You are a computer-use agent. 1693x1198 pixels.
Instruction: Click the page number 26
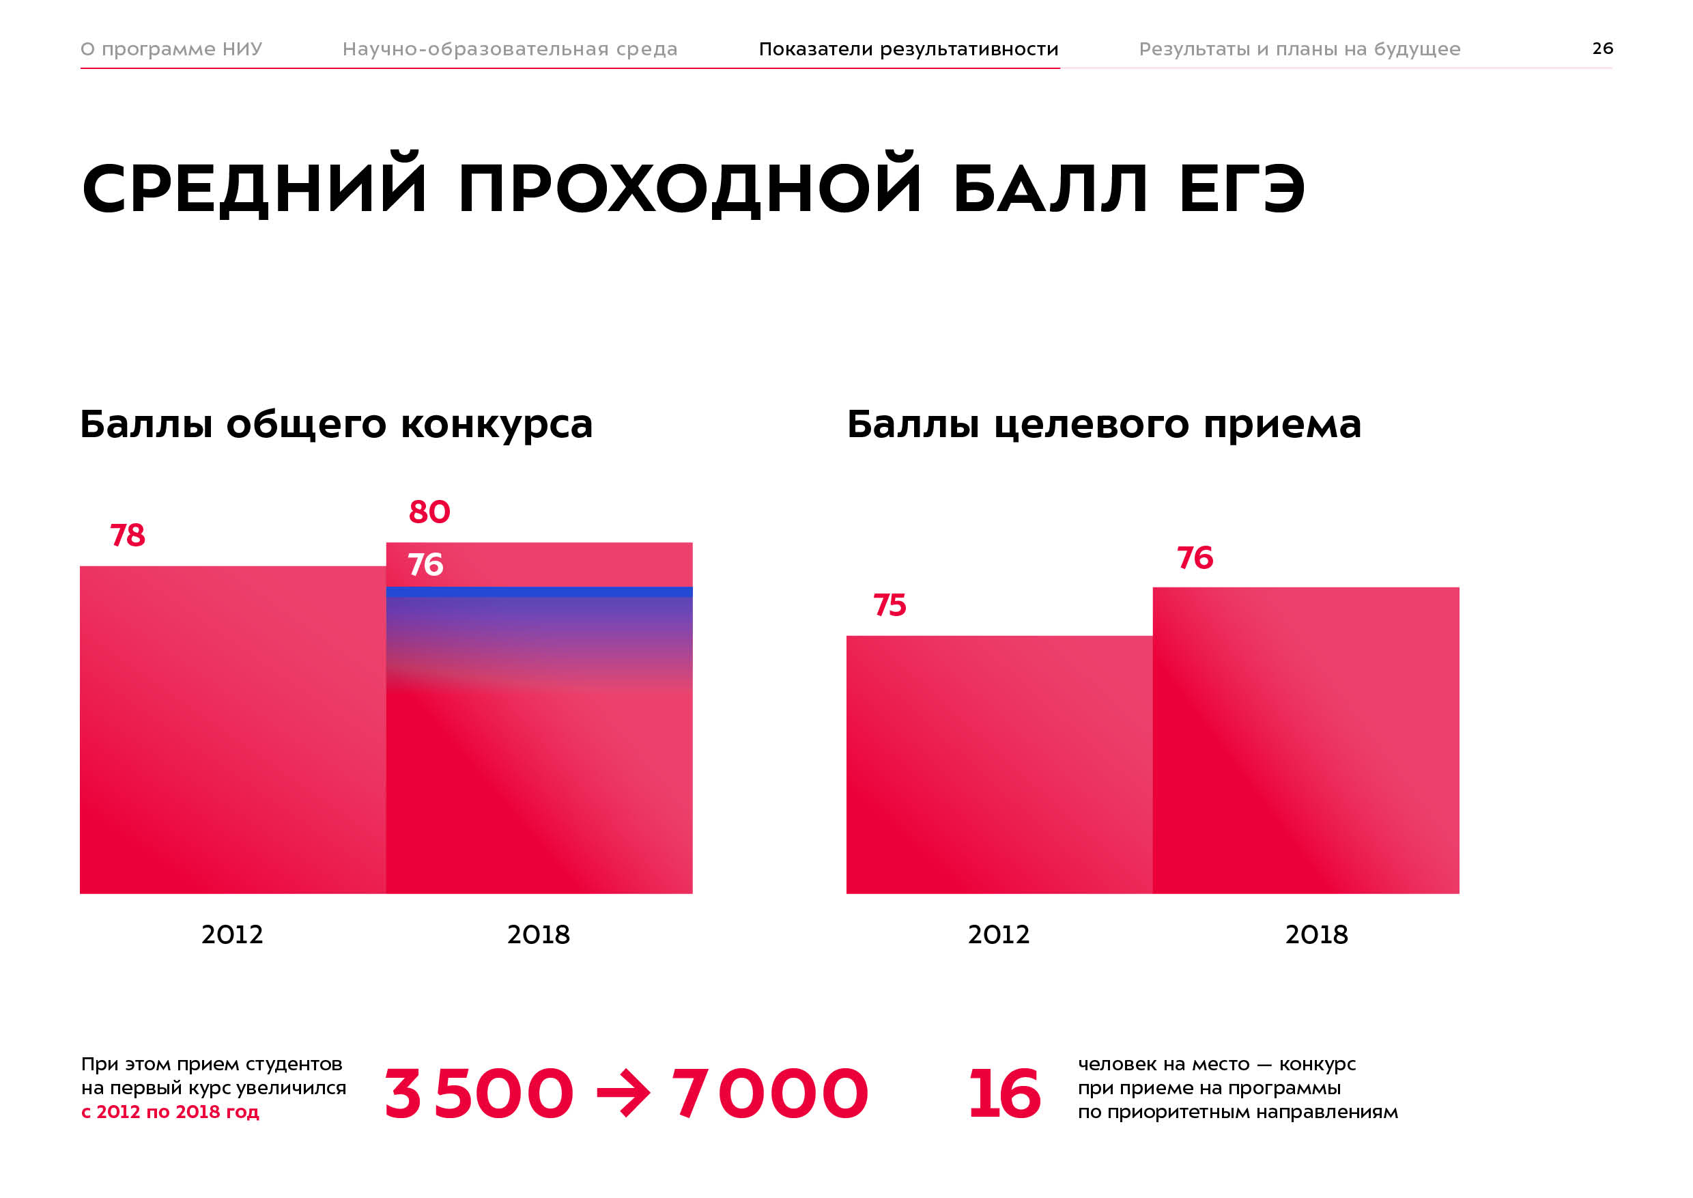click(x=1602, y=48)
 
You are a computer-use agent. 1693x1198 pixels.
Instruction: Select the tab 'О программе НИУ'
click(x=171, y=48)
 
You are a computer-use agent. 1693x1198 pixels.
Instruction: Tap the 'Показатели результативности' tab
click(x=909, y=48)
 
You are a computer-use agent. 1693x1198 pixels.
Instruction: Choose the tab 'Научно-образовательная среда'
click(x=509, y=48)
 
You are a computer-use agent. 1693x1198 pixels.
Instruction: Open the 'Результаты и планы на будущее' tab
click(x=1299, y=48)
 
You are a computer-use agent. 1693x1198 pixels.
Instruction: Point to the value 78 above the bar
click(x=128, y=535)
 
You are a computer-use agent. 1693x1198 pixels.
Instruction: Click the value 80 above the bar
click(x=429, y=512)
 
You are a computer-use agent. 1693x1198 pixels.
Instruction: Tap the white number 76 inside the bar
click(x=425, y=565)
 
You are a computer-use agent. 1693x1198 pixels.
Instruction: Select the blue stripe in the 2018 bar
click(x=539, y=591)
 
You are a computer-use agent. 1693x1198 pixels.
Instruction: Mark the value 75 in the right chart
click(x=890, y=605)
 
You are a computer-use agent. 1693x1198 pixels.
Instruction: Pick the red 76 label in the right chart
click(x=1195, y=558)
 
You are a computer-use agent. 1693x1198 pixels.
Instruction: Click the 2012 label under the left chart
click(x=232, y=934)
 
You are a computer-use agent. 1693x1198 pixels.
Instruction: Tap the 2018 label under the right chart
click(x=1316, y=934)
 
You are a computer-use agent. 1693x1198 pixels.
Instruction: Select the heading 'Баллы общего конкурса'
click(x=337, y=425)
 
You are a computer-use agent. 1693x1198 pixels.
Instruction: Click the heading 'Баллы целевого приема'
click(x=1104, y=425)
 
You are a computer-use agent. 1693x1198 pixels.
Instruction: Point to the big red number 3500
click(x=479, y=1093)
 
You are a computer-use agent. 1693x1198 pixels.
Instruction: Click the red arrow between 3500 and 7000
click(x=623, y=1093)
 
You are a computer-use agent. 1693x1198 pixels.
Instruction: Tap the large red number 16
click(x=1004, y=1093)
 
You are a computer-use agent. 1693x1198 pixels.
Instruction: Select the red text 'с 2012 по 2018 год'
click(x=171, y=1112)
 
